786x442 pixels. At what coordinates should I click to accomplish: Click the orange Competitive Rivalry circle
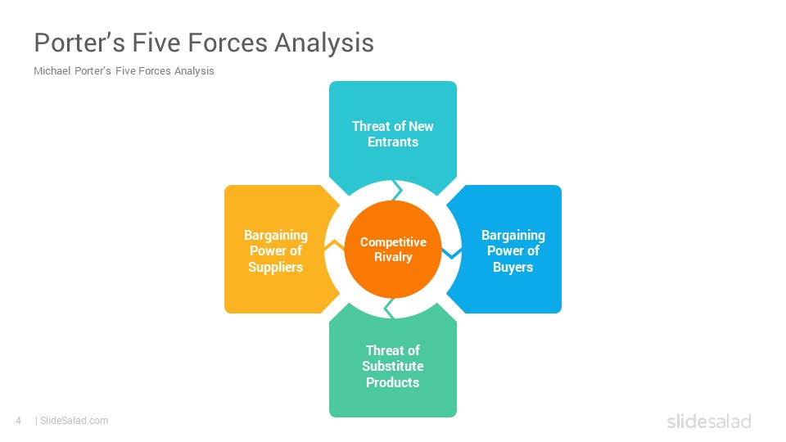tap(393, 249)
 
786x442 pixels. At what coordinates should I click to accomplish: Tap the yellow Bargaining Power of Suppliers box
tap(276, 249)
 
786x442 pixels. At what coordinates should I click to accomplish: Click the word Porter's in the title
tap(79, 43)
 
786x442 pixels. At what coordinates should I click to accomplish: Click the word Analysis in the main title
tap(324, 43)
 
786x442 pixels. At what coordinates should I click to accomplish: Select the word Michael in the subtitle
tap(52, 70)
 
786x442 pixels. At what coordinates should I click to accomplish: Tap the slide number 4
tap(19, 421)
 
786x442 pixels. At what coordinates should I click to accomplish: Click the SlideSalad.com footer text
tap(74, 421)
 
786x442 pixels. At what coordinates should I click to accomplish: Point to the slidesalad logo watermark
tap(709, 421)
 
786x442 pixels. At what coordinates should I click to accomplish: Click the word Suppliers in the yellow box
tap(276, 267)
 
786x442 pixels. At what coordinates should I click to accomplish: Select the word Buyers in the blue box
tap(513, 267)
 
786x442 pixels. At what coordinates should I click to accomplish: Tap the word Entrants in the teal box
tap(393, 142)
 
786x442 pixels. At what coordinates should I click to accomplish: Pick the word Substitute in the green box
tap(393, 367)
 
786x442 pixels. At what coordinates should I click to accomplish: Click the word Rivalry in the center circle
tap(393, 257)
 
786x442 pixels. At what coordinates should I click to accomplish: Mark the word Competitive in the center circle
tap(393, 242)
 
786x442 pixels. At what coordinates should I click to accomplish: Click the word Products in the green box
tap(392, 382)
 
